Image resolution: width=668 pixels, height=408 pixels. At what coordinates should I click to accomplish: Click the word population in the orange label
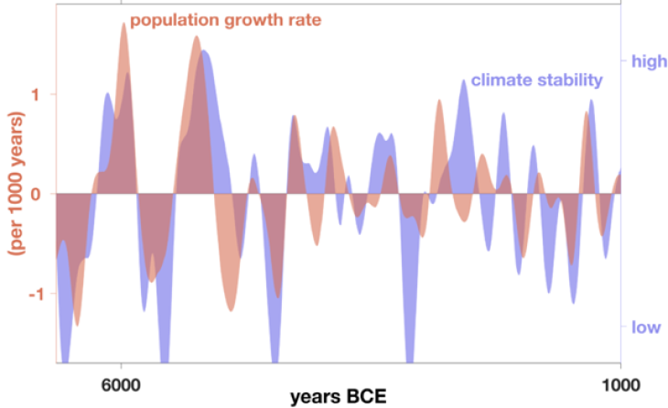tap(169, 18)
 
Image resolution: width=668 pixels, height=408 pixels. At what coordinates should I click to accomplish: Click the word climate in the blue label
tap(502, 81)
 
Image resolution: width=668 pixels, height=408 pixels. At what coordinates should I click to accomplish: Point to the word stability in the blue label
tap(568, 81)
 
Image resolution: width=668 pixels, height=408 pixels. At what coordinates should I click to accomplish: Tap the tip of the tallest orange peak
tap(124, 23)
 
